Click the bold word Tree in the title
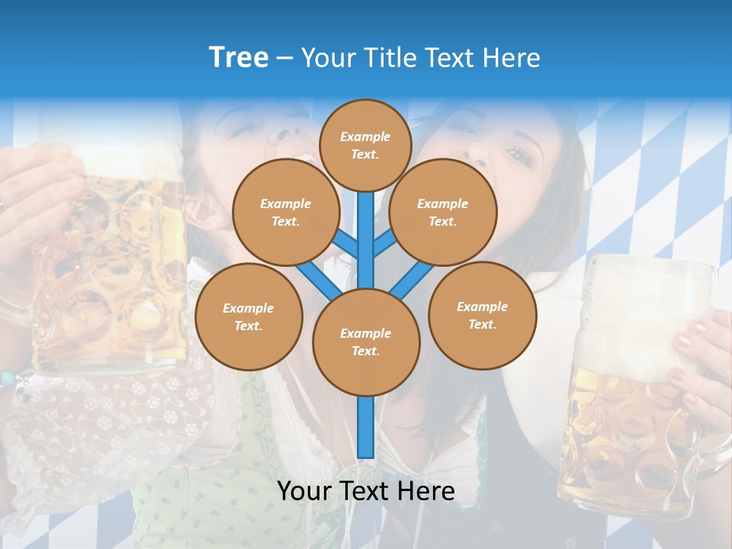[x=239, y=57]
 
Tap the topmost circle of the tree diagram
[x=365, y=145]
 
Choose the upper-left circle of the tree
[x=285, y=212]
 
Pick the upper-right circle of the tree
[x=442, y=212]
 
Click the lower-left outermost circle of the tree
[x=248, y=316]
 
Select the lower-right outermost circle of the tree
[x=482, y=315]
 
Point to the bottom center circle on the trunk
[x=365, y=342]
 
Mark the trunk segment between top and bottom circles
[x=365, y=240]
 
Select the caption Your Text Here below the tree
[x=365, y=491]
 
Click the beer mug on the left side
[x=114, y=267]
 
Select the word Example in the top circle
[x=365, y=136]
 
